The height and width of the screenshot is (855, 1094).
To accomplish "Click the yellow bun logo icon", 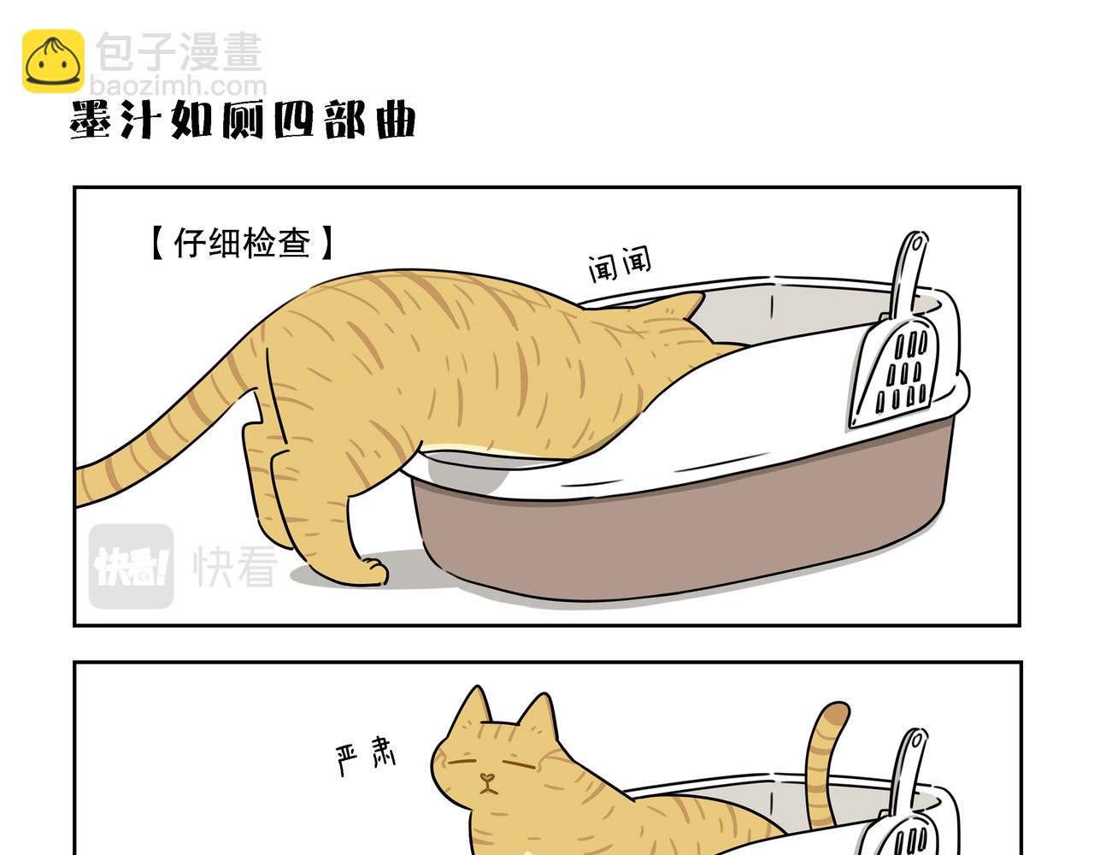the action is coord(53,61).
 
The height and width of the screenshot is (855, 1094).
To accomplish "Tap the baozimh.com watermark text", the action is coord(179,86).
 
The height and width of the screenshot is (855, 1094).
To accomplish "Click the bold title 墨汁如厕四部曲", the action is coord(243,120).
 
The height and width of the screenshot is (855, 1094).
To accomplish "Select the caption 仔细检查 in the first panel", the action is coord(242,243).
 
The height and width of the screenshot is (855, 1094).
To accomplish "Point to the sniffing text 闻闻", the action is coord(620,264).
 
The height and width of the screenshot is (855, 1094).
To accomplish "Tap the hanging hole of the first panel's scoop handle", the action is coord(916,245).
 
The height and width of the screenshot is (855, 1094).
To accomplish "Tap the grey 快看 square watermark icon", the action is coord(132,566).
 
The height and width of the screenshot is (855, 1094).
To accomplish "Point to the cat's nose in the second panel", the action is coord(486,778).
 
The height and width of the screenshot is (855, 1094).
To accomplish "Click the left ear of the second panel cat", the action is coord(473,707).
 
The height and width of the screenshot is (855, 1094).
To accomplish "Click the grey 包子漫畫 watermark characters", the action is coord(179,52).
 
